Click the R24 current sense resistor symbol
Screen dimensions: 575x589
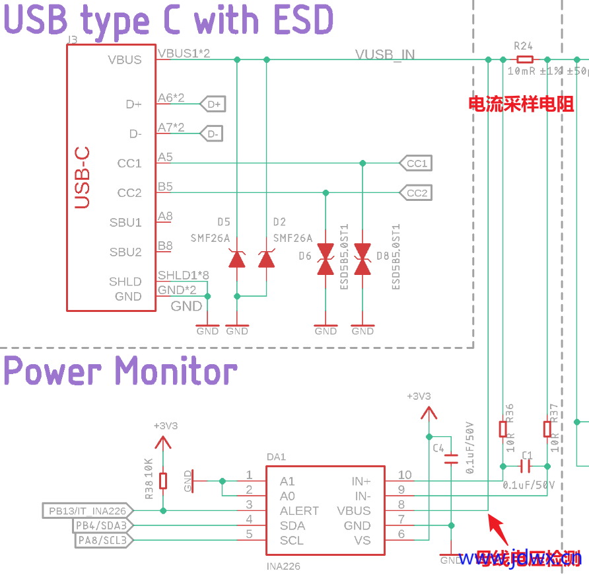point(523,59)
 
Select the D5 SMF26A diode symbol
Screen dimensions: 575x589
point(237,259)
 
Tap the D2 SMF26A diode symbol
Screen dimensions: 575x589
point(267,259)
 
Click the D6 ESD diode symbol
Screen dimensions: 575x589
point(326,258)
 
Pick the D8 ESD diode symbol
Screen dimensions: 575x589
point(363,258)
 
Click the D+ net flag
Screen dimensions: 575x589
point(212,104)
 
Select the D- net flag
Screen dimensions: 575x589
point(211,134)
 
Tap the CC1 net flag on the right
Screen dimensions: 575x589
point(415,163)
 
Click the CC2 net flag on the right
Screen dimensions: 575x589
point(415,193)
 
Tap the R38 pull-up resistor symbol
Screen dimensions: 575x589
point(164,480)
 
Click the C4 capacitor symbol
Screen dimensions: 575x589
point(451,459)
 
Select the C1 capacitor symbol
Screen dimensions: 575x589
point(526,467)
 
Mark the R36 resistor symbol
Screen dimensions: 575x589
point(503,430)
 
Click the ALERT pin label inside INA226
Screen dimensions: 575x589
point(299,511)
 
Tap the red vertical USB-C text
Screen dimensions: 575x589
point(81,178)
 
